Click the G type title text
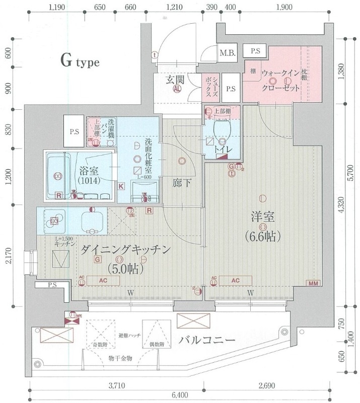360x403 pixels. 80,62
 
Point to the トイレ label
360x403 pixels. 222,150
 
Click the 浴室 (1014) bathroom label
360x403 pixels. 89,174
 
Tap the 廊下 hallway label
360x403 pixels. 182,183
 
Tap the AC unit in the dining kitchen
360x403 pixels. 102,281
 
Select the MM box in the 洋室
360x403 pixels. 313,284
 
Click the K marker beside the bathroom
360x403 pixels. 121,186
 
